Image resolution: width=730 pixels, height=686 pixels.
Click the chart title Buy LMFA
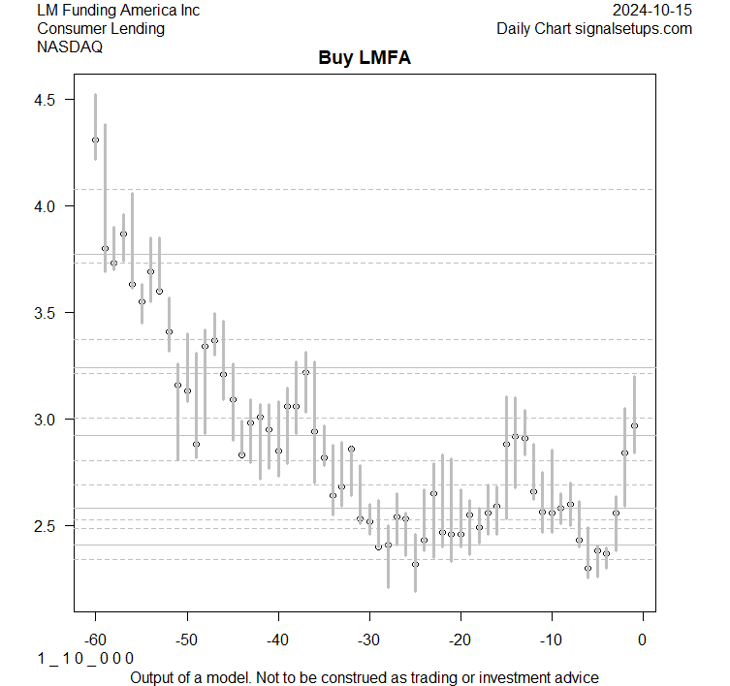[x=365, y=58]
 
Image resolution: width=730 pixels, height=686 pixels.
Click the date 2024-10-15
[x=653, y=11]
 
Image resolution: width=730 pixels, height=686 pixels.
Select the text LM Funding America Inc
[x=118, y=11]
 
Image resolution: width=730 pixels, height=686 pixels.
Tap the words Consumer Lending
[x=101, y=28]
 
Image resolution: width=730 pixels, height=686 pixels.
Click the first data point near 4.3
[x=95, y=140]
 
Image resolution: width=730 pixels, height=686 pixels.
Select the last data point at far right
[x=634, y=425]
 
